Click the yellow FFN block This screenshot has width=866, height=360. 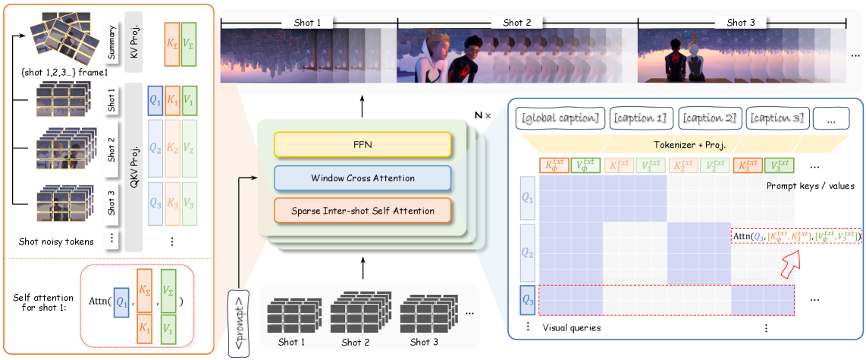click(x=362, y=144)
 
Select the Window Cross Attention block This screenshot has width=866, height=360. click(x=362, y=177)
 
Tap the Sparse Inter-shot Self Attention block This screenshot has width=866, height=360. click(x=362, y=211)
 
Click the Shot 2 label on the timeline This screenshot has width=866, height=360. click(x=517, y=23)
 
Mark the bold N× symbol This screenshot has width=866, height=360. click(x=482, y=114)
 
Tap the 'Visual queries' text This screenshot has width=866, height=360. click(x=573, y=327)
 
